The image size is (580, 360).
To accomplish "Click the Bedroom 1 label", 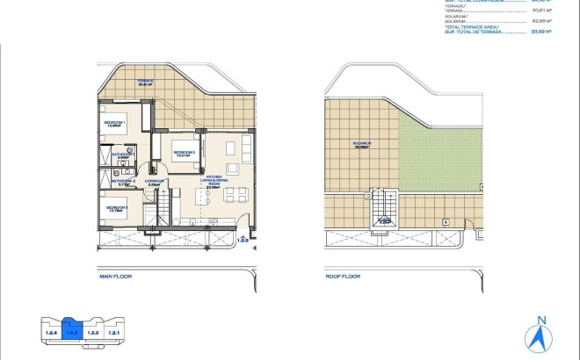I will point(114,124).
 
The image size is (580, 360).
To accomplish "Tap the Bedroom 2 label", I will point(184,154).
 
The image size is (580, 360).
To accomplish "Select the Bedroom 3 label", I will point(115,209).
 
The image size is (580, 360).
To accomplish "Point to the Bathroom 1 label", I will point(121,156).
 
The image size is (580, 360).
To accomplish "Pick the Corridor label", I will point(155,182).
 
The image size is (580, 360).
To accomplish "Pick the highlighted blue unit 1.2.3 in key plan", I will point(72,331).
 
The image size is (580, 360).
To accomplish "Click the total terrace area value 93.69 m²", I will point(542,31).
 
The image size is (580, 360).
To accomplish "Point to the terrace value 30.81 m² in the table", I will point(542,10).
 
